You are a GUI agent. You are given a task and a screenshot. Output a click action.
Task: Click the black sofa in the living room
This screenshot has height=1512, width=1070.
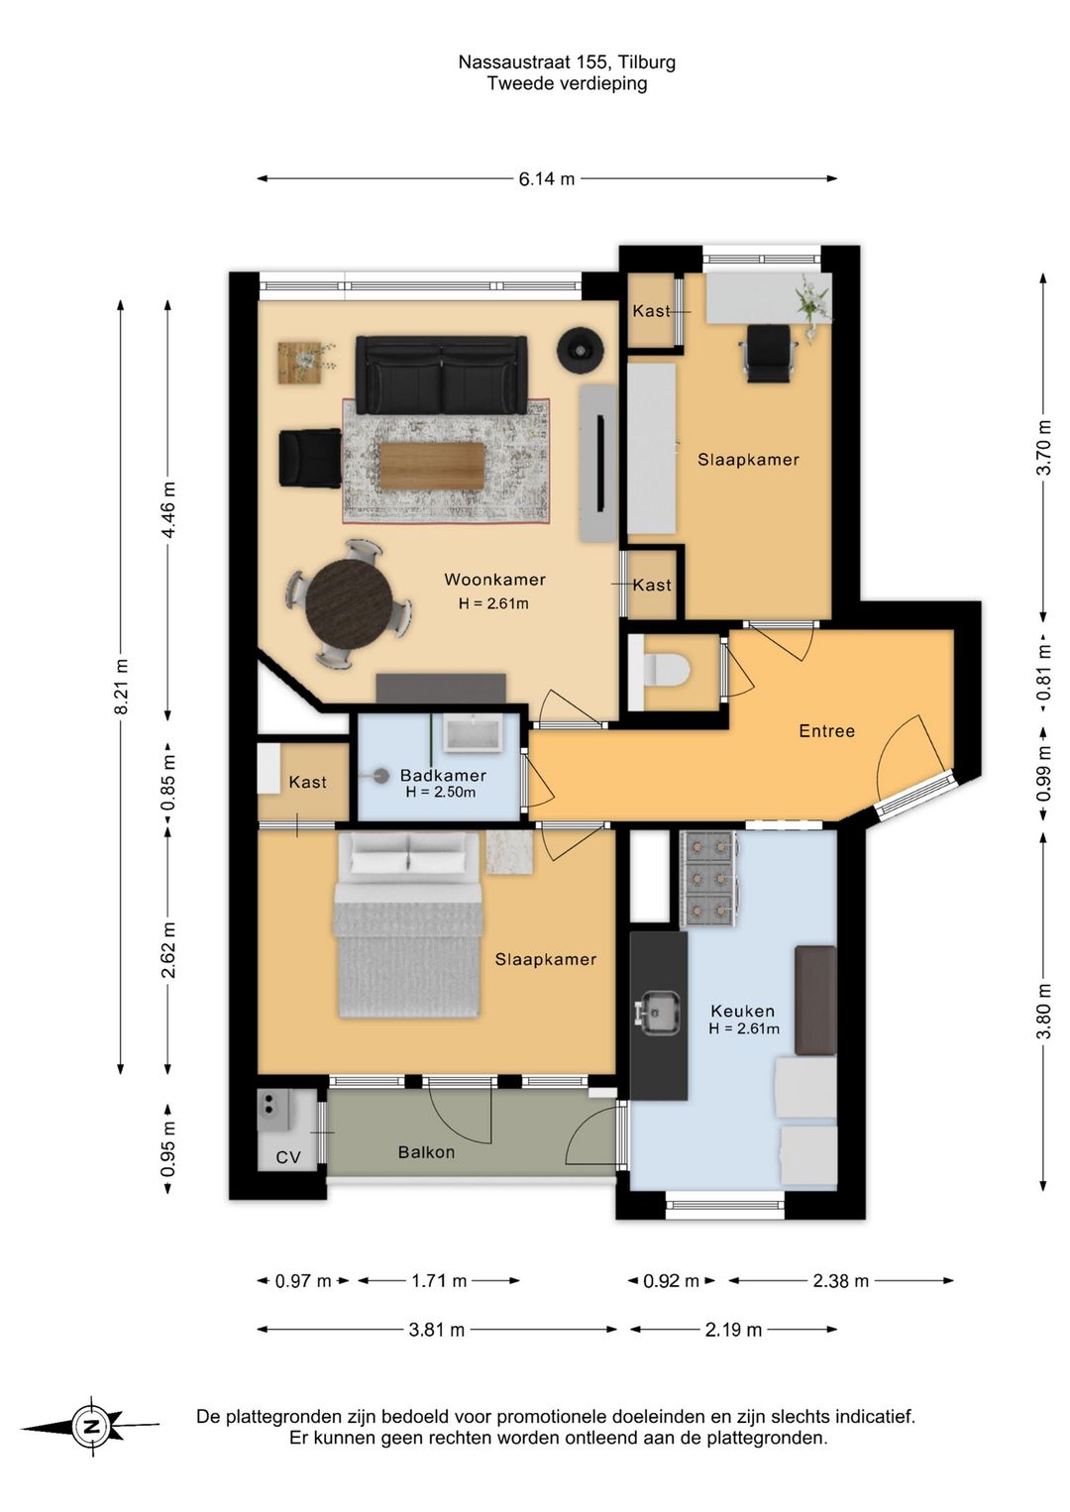442,376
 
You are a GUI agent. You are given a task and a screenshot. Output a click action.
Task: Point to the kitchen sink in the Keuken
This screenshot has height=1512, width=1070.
658,1012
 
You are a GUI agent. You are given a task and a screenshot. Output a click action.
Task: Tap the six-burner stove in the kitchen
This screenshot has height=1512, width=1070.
708,878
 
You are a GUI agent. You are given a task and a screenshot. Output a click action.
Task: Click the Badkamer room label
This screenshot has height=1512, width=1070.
443,776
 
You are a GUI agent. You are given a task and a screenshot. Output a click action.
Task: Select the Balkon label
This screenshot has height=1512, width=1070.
426,1152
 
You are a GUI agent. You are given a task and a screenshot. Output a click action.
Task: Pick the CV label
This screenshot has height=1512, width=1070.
288,1157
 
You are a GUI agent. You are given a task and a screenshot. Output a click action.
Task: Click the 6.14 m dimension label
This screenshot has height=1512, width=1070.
547,179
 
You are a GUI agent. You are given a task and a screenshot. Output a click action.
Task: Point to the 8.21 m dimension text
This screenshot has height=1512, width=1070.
122,686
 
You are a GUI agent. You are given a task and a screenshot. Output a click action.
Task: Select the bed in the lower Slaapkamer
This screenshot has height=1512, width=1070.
408,924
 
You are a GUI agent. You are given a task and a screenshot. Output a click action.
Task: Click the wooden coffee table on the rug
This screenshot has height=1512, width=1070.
432,467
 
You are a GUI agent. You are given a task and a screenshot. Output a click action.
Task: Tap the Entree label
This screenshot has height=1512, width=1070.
827,731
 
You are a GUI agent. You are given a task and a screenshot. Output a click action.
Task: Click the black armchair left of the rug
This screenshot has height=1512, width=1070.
310,457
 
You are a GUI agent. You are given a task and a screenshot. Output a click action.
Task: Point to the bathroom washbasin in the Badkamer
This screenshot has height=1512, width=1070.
473,733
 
